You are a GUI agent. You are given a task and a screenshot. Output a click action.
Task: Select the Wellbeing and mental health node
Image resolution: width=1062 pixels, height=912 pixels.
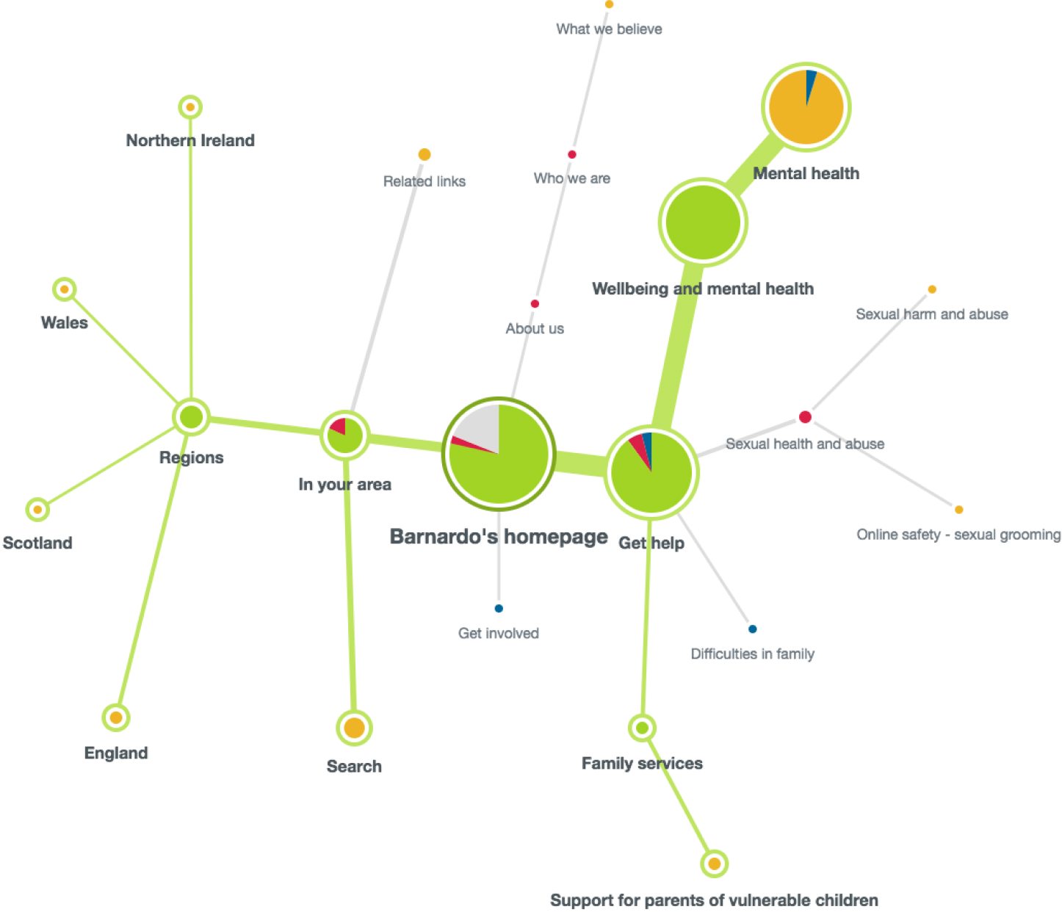[703, 222]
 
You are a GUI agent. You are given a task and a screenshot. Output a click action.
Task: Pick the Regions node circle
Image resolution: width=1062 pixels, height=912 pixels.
[191, 417]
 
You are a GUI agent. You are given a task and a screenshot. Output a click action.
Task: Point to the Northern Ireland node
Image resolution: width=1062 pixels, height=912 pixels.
[190, 107]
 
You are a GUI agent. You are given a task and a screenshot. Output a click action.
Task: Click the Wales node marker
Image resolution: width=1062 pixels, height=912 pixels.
[65, 289]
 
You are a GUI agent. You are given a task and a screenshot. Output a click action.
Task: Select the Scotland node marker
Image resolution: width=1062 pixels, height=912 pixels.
[37, 510]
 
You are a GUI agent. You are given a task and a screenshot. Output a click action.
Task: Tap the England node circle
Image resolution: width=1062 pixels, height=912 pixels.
[116, 717]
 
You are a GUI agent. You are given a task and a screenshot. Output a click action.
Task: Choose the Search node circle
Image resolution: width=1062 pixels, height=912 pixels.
[354, 728]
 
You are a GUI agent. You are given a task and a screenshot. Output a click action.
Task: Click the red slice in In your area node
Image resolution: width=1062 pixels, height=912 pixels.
[339, 426]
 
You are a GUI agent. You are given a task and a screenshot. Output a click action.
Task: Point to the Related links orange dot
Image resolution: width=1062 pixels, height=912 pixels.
[425, 154]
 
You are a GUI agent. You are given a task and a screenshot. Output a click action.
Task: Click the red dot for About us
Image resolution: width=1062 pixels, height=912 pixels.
[535, 304]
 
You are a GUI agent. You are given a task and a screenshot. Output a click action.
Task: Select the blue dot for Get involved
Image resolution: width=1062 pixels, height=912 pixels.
[499, 608]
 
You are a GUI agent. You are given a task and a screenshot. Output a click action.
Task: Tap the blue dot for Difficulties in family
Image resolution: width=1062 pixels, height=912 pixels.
[752, 629]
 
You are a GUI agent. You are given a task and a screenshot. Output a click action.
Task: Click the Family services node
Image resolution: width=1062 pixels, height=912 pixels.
[642, 728]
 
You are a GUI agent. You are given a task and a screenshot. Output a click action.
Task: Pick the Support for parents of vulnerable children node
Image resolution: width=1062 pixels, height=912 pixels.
[714, 864]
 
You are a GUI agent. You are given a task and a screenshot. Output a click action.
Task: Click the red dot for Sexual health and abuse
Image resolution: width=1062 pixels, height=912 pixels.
[805, 417]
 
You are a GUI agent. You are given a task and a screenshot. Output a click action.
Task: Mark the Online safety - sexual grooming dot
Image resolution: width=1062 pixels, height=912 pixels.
[958, 510]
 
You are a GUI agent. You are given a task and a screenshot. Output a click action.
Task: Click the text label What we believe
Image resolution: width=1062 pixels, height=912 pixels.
[609, 29]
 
